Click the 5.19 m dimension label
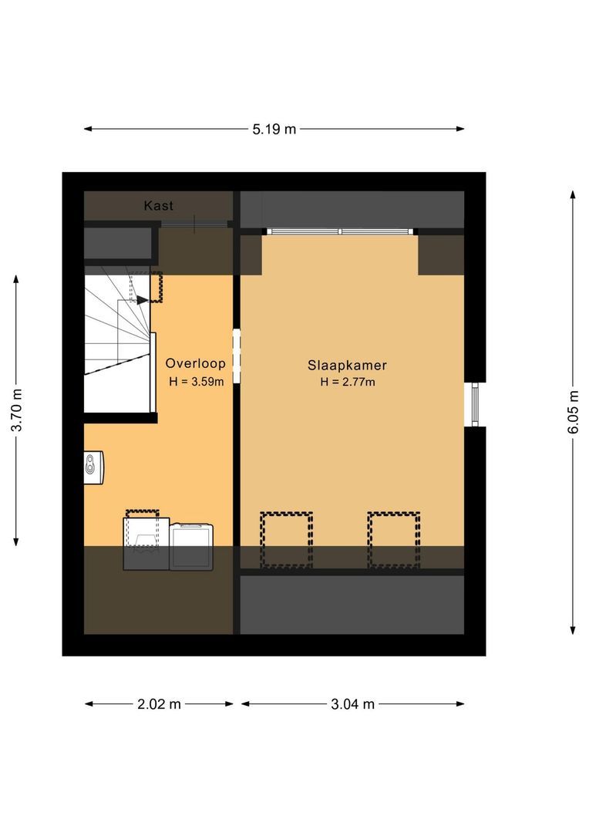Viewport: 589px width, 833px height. click(x=274, y=129)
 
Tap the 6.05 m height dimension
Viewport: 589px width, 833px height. click(x=573, y=413)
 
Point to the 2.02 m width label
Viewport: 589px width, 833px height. click(x=160, y=703)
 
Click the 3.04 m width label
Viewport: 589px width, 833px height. click(x=352, y=703)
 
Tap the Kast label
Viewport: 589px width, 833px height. click(x=159, y=206)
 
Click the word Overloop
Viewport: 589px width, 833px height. click(x=195, y=363)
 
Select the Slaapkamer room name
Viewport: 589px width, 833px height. click(x=348, y=365)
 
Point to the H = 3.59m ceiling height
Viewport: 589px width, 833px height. click(x=196, y=381)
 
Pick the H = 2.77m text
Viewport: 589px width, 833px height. click(x=348, y=382)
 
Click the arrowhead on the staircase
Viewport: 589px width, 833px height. click(x=143, y=300)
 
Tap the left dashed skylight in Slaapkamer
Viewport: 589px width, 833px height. click(x=286, y=540)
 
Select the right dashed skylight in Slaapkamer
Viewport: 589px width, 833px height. click(x=393, y=540)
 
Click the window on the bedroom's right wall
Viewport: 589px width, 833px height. click(x=476, y=404)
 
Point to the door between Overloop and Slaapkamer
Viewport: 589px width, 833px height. click(x=237, y=356)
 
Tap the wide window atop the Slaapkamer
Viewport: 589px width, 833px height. click(x=340, y=231)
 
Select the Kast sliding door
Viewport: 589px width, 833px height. click(x=195, y=224)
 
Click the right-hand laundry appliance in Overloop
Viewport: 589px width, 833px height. click(x=191, y=546)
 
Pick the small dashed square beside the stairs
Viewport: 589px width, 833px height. click(x=156, y=287)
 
